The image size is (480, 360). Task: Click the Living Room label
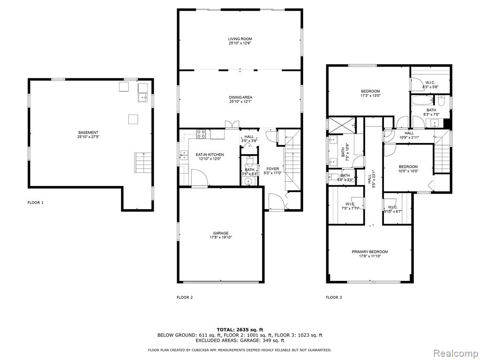tap(240, 39)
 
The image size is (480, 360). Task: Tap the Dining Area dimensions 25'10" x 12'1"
tap(240, 102)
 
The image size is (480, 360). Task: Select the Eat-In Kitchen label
tap(210, 155)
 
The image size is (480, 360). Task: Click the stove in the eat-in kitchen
tap(201, 134)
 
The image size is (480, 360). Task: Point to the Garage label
tap(221, 233)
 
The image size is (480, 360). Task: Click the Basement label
tap(89, 133)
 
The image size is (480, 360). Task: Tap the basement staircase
tap(142, 162)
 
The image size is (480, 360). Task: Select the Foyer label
tap(272, 169)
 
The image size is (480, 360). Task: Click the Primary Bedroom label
tap(370, 252)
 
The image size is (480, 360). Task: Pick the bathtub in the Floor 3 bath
tap(423, 100)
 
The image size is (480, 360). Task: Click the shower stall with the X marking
tap(342, 126)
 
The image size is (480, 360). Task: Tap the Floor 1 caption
tap(36, 202)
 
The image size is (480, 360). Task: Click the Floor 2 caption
tap(185, 297)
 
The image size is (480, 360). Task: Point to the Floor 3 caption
tap(334, 297)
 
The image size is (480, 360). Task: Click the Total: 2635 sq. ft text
tap(240, 330)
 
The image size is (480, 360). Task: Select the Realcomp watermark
tap(456, 353)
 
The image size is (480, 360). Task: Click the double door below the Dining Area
tap(232, 124)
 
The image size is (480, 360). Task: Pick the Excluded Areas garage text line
tap(240, 340)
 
